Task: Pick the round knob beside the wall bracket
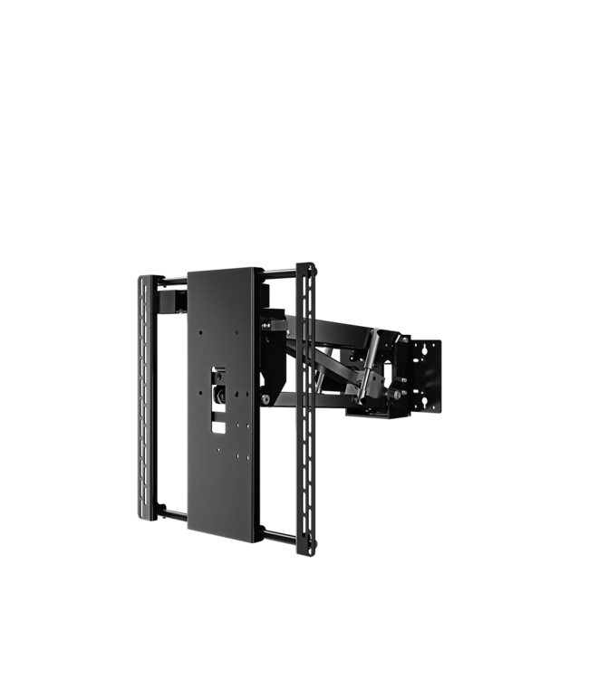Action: pos(397,396)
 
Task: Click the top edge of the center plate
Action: pos(224,269)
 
